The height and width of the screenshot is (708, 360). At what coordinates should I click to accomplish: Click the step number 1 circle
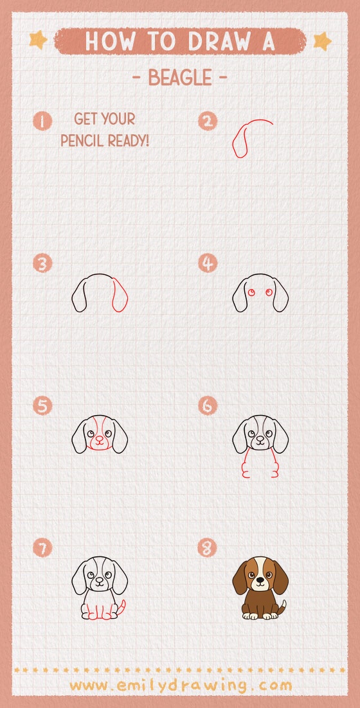(42, 121)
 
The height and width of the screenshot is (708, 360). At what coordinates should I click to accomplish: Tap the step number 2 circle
(208, 121)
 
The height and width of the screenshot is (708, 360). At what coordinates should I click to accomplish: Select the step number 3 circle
(42, 263)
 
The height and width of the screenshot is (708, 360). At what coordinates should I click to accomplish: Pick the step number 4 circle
(208, 263)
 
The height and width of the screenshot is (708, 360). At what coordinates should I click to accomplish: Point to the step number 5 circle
(42, 406)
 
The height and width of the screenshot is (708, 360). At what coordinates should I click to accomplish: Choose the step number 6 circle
(208, 406)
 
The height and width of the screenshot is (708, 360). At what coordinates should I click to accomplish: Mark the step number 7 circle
(42, 548)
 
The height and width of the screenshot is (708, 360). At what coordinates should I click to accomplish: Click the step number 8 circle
(208, 548)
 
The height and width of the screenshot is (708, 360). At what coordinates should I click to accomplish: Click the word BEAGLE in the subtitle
(180, 78)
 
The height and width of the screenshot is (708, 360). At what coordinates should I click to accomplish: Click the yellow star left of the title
(38, 40)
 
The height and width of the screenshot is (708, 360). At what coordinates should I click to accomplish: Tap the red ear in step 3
(120, 296)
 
